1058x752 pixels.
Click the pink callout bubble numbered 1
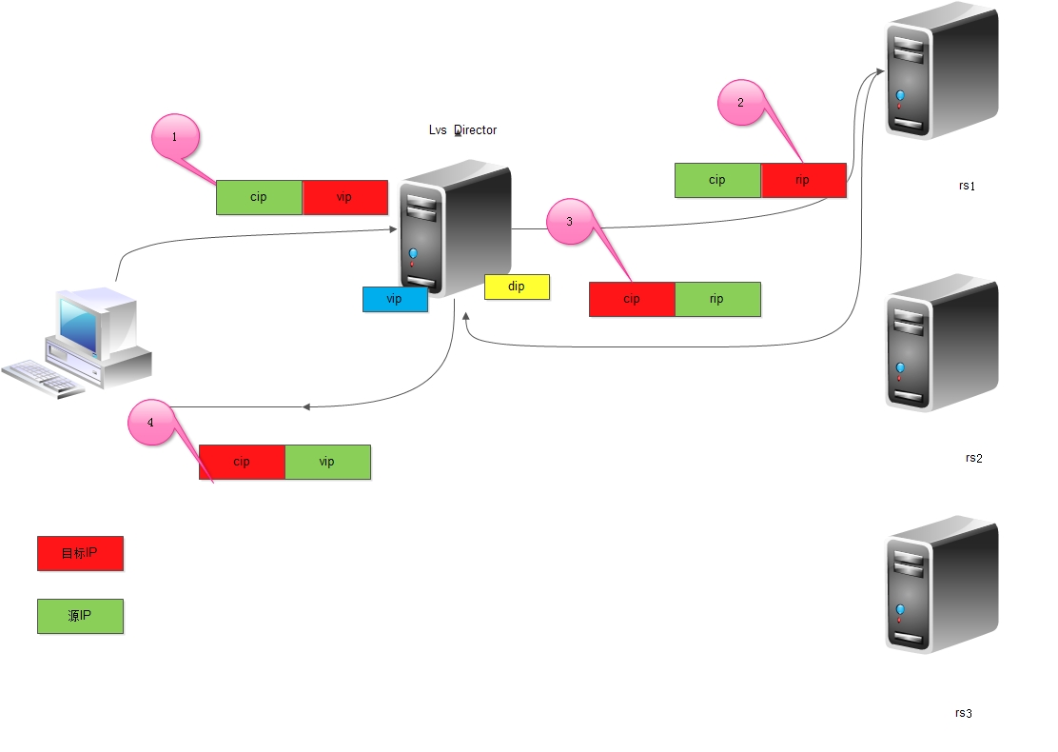pyautogui.click(x=175, y=137)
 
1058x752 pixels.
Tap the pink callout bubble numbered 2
pyautogui.click(x=741, y=103)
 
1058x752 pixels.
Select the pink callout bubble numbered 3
pyautogui.click(x=570, y=221)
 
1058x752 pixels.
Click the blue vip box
pyautogui.click(x=395, y=299)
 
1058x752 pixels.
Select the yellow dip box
pyautogui.click(x=517, y=287)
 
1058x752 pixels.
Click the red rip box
pyautogui.click(x=803, y=180)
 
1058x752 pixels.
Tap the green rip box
pyautogui.click(x=717, y=299)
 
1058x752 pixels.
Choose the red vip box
pyautogui.click(x=344, y=197)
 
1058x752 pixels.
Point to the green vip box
pyautogui.click(x=327, y=462)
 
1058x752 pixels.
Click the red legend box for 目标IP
pyautogui.click(x=80, y=553)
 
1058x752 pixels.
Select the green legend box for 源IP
pyautogui.click(x=80, y=616)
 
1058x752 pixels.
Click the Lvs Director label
pyautogui.click(x=462, y=130)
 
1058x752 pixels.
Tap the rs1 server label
pyautogui.click(x=968, y=186)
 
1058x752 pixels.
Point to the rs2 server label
pyautogui.click(x=973, y=458)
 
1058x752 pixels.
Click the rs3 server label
pyautogui.click(x=964, y=713)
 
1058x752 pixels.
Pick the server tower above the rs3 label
pyautogui.click(x=941, y=585)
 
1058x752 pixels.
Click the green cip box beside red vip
pyautogui.click(x=259, y=197)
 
